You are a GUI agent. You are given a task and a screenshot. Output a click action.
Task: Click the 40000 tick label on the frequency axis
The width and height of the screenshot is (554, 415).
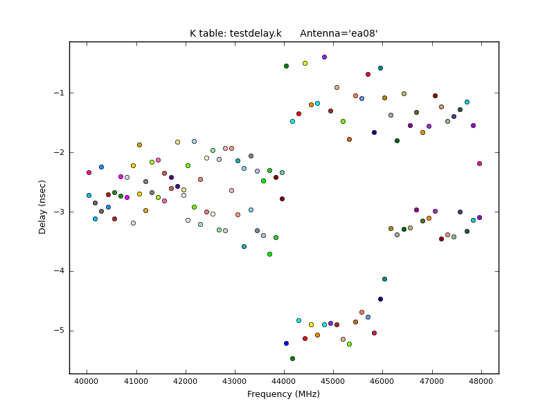[x=87, y=381]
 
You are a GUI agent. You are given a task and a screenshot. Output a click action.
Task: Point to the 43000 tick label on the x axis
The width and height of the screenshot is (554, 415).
[x=235, y=381]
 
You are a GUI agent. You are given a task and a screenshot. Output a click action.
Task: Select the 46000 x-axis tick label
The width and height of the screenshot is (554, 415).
[x=383, y=381]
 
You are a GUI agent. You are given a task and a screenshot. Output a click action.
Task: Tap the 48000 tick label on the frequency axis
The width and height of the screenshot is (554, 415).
[x=481, y=381]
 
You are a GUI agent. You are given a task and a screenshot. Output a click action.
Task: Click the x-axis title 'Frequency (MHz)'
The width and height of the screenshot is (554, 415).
[x=283, y=394]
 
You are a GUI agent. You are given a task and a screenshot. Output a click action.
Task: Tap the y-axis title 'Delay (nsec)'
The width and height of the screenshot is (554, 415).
[x=43, y=207]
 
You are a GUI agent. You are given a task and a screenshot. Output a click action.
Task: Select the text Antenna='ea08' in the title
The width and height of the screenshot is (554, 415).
[x=339, y=33]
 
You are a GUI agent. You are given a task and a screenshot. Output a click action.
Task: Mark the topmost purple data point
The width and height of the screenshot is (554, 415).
[x=324, y=57]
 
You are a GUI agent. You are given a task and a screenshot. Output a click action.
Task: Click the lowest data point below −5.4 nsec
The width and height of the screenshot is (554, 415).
[x=292, y=358]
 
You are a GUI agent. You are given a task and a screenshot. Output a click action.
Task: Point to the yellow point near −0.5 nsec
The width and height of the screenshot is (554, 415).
[x=305, y=63]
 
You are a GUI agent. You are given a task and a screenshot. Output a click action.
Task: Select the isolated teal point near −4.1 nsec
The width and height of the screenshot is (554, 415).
[x=384, y=279]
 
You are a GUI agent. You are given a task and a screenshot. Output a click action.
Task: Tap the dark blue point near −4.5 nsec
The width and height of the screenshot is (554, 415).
[x=380, y=299]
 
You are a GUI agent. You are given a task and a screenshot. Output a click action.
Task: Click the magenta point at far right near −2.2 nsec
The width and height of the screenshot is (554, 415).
[x=479, y=163]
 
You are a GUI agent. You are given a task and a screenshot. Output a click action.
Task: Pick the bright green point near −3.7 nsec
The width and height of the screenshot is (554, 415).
[x=269, y=254]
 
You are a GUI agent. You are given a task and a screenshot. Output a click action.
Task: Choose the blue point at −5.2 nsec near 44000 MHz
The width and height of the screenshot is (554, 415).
[x=286, y=343]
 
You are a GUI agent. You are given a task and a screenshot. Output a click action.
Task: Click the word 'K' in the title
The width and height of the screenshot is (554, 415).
[x=193, y=33]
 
